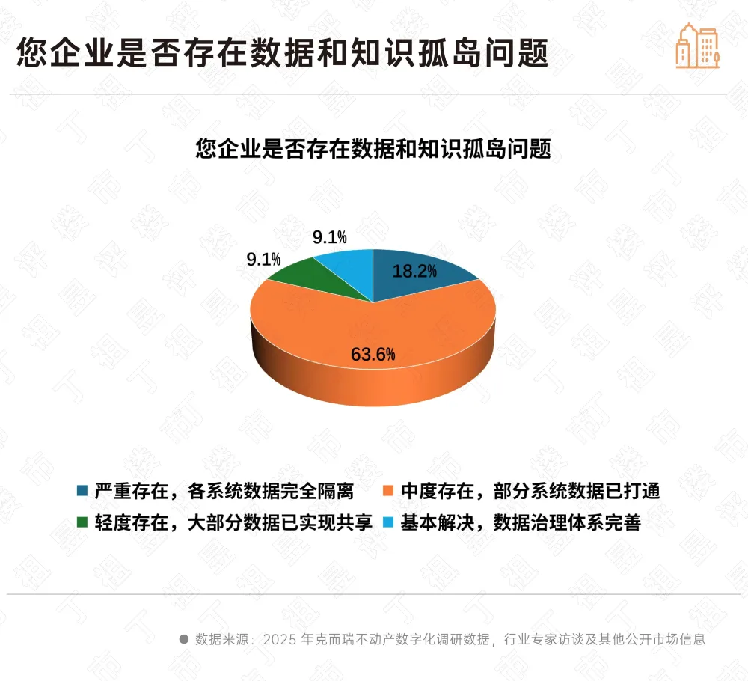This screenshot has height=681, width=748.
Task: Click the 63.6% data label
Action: [x=373, y=355]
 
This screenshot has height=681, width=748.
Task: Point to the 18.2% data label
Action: [x=414, y=272]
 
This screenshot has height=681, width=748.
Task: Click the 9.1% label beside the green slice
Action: [x=263, y=260]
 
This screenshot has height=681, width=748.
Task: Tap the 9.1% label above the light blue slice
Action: [x=329, y=238]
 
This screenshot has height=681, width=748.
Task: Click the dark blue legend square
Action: [x=82, y=492]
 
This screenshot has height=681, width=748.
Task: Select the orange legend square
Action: [x=387, y=492]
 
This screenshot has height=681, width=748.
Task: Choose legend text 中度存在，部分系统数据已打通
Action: [x=530, y=492]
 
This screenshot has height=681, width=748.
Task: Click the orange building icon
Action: [x=697, y=46]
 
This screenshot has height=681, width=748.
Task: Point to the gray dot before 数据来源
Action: [x=183, y=639]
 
